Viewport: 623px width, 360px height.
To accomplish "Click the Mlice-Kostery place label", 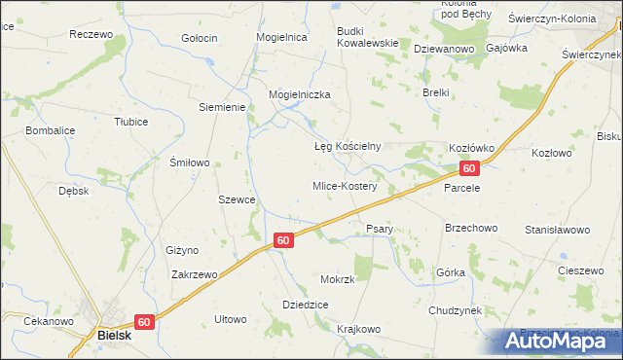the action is tap(344, 185).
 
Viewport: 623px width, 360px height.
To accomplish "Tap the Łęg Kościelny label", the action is tap(346, 147).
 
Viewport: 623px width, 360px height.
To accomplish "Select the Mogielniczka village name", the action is tap(300, 94).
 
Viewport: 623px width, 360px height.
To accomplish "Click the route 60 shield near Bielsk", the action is tap(143, 321).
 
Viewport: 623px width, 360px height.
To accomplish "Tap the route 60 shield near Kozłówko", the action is tap(469, 169).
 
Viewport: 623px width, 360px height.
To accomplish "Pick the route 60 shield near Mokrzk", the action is tap(282, 239).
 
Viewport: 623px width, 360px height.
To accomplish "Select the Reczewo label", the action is tap(91, 34).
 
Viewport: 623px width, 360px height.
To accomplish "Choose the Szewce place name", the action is tap(237, 199).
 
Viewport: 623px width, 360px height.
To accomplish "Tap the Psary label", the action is tap(379, 229).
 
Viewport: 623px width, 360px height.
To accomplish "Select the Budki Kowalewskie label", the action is tap(367, 36).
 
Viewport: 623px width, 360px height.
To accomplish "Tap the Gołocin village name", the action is tap(200, 38).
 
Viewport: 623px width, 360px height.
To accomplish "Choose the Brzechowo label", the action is tap(470, 228).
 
